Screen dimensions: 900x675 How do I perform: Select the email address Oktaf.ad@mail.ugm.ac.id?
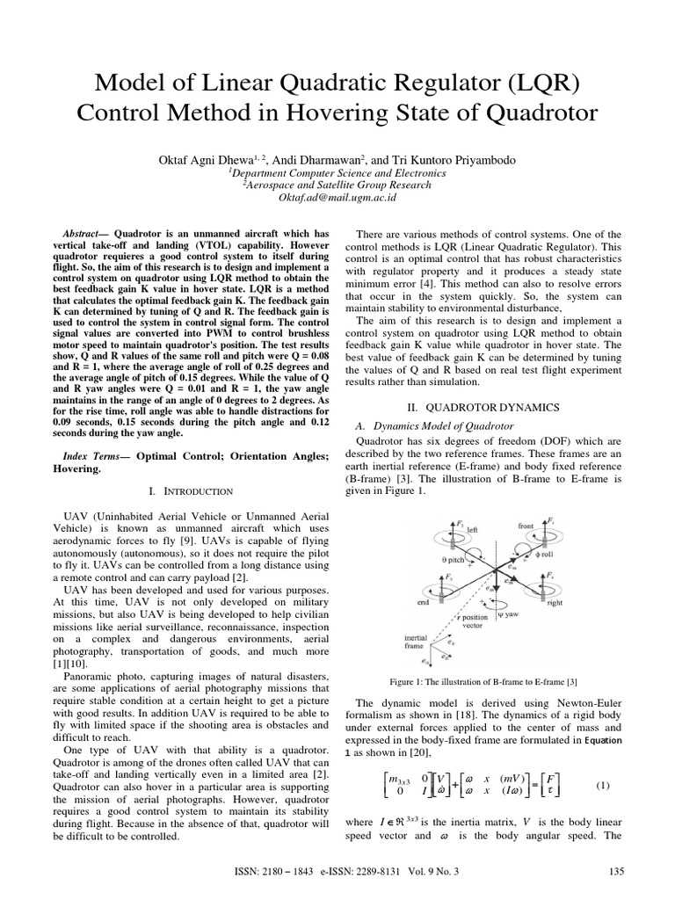point(337,199)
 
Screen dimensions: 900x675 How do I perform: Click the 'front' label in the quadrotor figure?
point(526,526)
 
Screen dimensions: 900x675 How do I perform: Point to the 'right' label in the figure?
point(554,604)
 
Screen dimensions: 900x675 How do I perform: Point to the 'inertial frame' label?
point(416,643)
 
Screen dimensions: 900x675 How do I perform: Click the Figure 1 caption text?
point(483,681)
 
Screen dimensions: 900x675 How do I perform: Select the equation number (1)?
point(602,784)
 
